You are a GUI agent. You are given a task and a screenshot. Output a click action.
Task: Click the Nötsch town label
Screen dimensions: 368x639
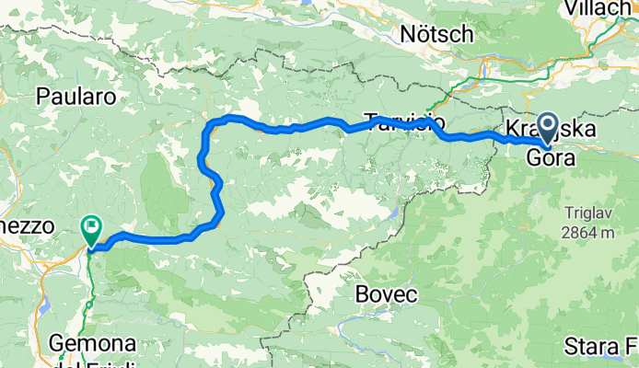437,35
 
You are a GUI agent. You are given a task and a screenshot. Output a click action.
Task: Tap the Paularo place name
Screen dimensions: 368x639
75,96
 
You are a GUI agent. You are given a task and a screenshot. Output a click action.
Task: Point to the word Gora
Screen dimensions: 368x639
551,157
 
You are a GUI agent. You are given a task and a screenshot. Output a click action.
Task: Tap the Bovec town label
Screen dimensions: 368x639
387,295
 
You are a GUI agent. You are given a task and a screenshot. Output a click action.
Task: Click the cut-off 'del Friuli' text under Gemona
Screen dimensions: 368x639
92,362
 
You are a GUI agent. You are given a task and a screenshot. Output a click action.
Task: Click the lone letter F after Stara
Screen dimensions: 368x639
633,348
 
